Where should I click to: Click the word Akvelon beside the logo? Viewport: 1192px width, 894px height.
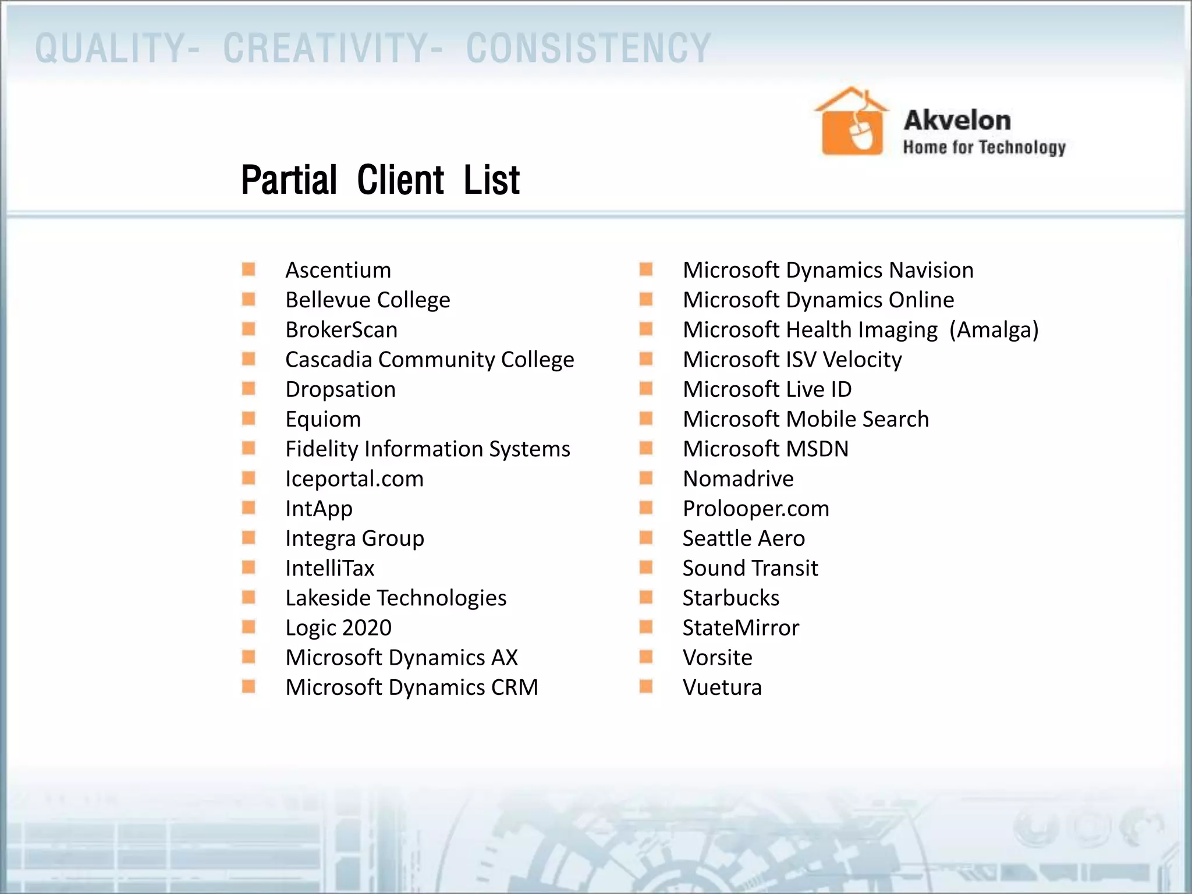(x=957, y=120)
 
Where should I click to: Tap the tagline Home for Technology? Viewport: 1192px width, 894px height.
(x=984, y=147)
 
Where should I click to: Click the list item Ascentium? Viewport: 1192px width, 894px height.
(x=338, y=270)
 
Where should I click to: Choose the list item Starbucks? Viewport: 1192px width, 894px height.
(x=730, y=598)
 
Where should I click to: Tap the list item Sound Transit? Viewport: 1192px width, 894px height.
(x=750, y=568)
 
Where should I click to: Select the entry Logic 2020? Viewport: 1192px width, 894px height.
(x=338, y=627)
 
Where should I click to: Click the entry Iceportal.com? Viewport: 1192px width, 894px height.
(x=354, y=478)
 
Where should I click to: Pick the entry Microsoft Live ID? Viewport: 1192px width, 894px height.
(x=767, y=389)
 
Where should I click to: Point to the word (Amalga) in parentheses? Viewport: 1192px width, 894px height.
(x=994, y=329)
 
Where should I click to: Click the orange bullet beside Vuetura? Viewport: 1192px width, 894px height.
(x=645, y=687)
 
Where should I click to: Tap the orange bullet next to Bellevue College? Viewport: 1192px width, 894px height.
(x=249, y=299)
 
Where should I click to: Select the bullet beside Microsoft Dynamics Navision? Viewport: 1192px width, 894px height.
(x=645, y=269)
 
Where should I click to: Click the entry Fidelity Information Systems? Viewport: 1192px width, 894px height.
(x=427, y=449)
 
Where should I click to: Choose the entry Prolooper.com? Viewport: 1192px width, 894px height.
(x=755, y=509)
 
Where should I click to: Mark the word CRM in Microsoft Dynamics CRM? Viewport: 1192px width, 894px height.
(x=514, y=687)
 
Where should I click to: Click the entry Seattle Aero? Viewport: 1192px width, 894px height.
(x=743, y=538)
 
